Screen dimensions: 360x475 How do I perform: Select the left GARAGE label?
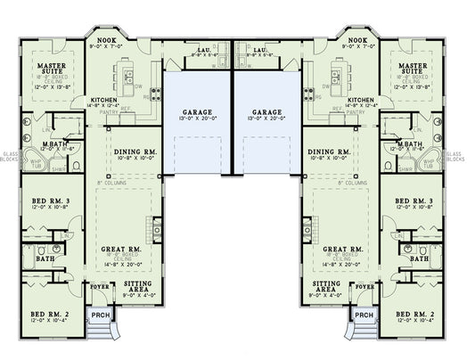(x=196, y=113)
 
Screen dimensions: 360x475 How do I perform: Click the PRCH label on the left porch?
(x=98, y=315)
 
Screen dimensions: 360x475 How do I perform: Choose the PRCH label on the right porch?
(x=364, y=315)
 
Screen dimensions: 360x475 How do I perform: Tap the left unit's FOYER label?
(x=102, y=288)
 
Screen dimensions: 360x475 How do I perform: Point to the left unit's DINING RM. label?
(x=135, y=152)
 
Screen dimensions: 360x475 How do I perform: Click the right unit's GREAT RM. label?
(x=342, y=250)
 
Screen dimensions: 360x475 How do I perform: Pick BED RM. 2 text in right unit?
(x=417, y=315)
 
